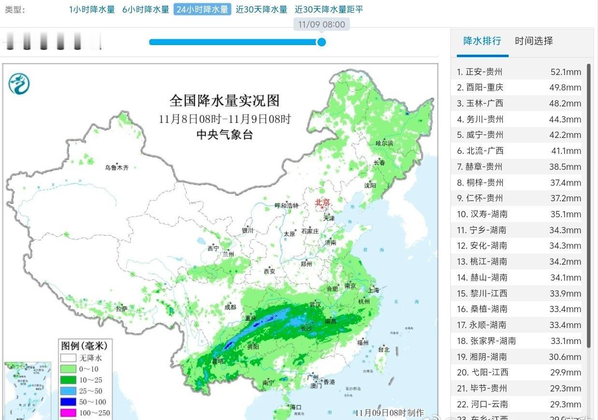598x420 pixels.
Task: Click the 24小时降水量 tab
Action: point(202,9)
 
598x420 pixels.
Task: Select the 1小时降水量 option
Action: point(92,9)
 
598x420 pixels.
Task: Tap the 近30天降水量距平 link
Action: point(328,9)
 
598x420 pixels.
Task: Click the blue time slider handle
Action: point(321,42)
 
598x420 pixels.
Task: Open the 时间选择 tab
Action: point(534,41)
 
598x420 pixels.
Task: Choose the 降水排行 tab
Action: point(482,41)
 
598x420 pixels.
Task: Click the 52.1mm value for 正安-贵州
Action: point(566,72)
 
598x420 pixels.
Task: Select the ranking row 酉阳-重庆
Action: point(484,88)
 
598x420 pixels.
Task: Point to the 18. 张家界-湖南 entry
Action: point(486,341)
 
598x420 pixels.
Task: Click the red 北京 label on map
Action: point(322,202)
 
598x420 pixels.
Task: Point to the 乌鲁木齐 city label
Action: point(117,168)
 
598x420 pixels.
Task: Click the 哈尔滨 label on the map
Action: point(384,143)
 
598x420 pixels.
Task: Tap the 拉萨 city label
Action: point(122,308)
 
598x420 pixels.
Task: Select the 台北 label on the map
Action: point(384,349)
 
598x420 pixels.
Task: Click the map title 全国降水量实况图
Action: point(225,101)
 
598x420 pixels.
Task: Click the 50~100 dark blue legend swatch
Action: point(68,402)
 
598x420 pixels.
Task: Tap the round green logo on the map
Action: point(19,84)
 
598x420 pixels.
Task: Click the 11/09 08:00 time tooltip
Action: point(321,24)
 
